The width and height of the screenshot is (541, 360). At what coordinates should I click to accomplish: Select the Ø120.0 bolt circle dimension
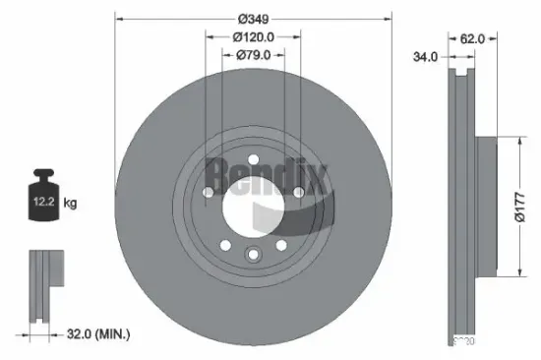tap(253, 37)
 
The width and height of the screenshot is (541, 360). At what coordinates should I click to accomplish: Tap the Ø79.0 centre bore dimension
tap(253, 56)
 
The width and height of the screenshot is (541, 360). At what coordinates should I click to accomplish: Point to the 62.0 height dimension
tap(473, 39)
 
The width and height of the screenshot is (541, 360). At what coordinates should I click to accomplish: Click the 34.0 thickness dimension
tap(424, 58)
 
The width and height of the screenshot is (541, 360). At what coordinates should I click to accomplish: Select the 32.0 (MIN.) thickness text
tap(95, 334)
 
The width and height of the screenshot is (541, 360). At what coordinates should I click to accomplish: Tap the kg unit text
tap(70, 204)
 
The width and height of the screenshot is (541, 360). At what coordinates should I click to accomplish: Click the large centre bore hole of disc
tap(253, 206)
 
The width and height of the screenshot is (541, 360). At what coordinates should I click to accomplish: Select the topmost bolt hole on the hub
tap(253, 156)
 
